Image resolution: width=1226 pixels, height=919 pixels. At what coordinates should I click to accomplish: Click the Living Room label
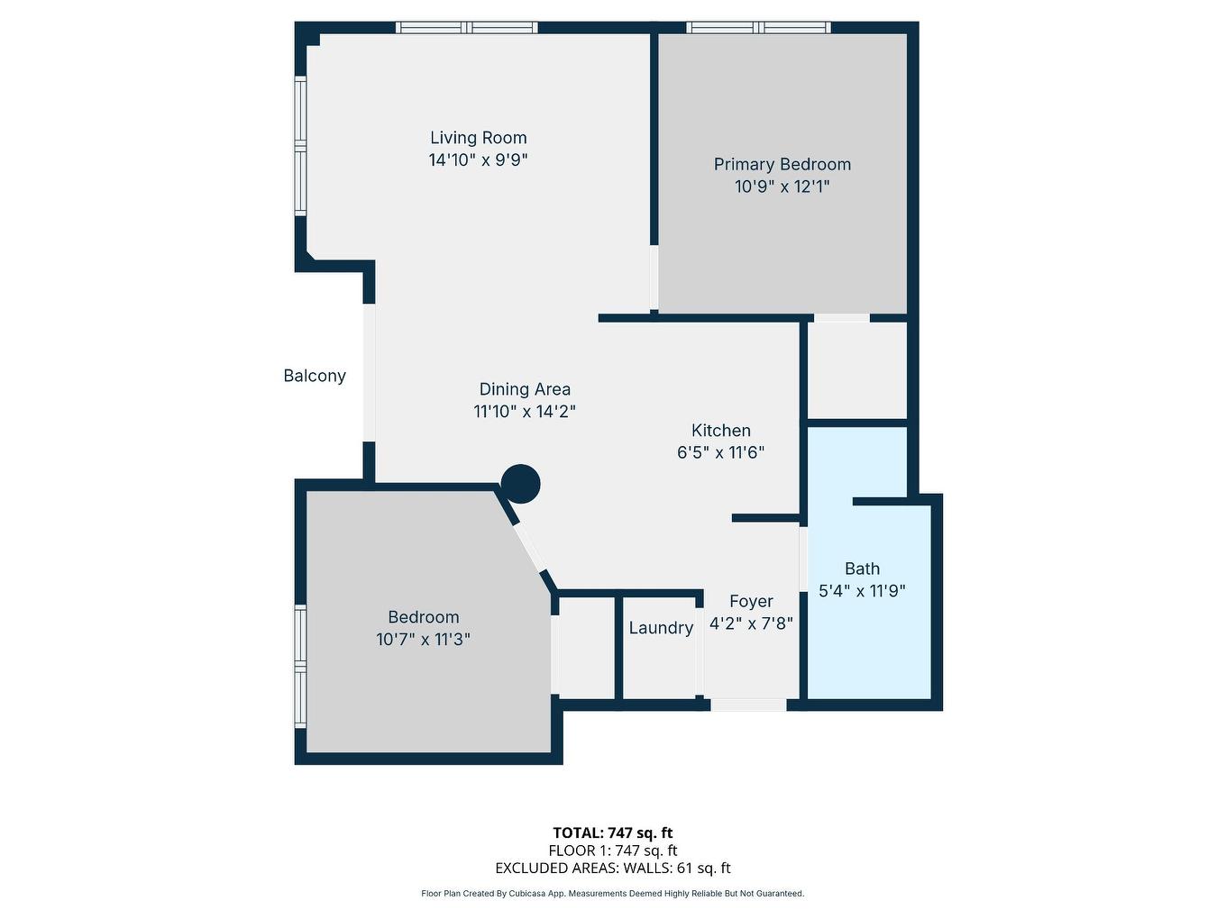coord(478,138)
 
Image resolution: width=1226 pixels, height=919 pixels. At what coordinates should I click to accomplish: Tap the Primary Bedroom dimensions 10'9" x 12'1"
coord(782,187)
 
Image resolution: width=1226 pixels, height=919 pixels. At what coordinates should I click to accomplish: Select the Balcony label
coord(315,376)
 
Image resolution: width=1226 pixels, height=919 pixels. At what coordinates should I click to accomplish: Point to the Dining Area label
coord(525,389)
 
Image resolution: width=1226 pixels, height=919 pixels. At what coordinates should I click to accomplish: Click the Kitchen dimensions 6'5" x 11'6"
coord(720,452)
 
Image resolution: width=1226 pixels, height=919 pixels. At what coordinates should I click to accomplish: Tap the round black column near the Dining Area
coord(520,484)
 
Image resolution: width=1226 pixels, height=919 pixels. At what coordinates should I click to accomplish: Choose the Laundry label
coord(661,628)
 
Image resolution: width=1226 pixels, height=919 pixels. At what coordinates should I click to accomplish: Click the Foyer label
coord(751,601)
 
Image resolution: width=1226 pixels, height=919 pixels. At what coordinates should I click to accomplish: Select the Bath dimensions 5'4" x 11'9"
coord(862,591)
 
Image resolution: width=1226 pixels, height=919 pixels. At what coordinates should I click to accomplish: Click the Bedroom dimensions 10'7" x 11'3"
coord(423,640)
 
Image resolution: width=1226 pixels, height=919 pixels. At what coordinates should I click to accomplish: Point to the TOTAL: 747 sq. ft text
coord(613,833)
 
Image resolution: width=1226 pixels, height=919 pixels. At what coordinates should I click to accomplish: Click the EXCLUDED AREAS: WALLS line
coord(613,869)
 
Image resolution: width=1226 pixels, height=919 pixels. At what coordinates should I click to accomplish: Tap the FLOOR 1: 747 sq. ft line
coord(613,851)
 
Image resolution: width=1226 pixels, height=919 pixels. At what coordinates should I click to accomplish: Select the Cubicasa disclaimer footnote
coord(613,894)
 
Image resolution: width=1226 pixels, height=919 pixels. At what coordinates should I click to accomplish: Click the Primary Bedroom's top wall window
coord(758,28)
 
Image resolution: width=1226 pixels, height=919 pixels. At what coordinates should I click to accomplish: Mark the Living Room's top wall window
coord(467,28)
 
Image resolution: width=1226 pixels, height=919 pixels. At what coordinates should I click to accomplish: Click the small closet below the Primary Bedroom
coord(856,369)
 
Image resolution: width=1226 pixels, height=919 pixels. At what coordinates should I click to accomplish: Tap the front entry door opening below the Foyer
coord(748,705)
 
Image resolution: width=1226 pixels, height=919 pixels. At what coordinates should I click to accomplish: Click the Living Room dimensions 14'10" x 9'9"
coord(478,160)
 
